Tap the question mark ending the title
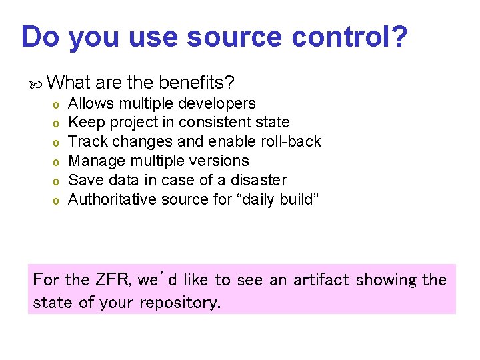click(x=399, y=37)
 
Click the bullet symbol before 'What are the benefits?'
click(x=39, y=83)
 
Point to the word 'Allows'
click(x=91, y=103)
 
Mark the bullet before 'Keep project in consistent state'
click(x=57, y=123)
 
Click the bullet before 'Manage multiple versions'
click(x=57, y=162)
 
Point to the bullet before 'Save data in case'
click(x=57, y=181)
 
